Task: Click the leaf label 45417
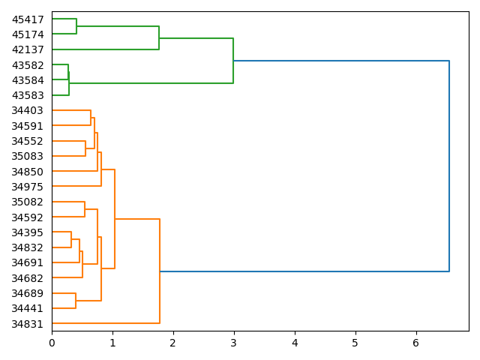(x=28, y=19)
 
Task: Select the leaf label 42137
(x=28, y=49)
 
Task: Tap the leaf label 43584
(x=28, y=80)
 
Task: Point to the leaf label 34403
(x=28, y=110)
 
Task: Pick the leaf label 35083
(x=28, y=156)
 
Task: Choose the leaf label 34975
(x=28, y=187)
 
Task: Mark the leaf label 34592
(x=28, y=217)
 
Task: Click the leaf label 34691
(x=28, y=262)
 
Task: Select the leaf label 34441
(x=28, y=308)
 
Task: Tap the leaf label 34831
(x=28, y=324)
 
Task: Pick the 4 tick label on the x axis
(x=295, y=343)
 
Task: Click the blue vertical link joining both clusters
(x=449, y=166)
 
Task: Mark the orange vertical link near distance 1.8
(x=160, y=271)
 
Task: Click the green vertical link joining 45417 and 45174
(x=76, y=26)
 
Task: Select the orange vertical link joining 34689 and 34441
(x=76, y=301)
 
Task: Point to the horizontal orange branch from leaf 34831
(x=105, y=323)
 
